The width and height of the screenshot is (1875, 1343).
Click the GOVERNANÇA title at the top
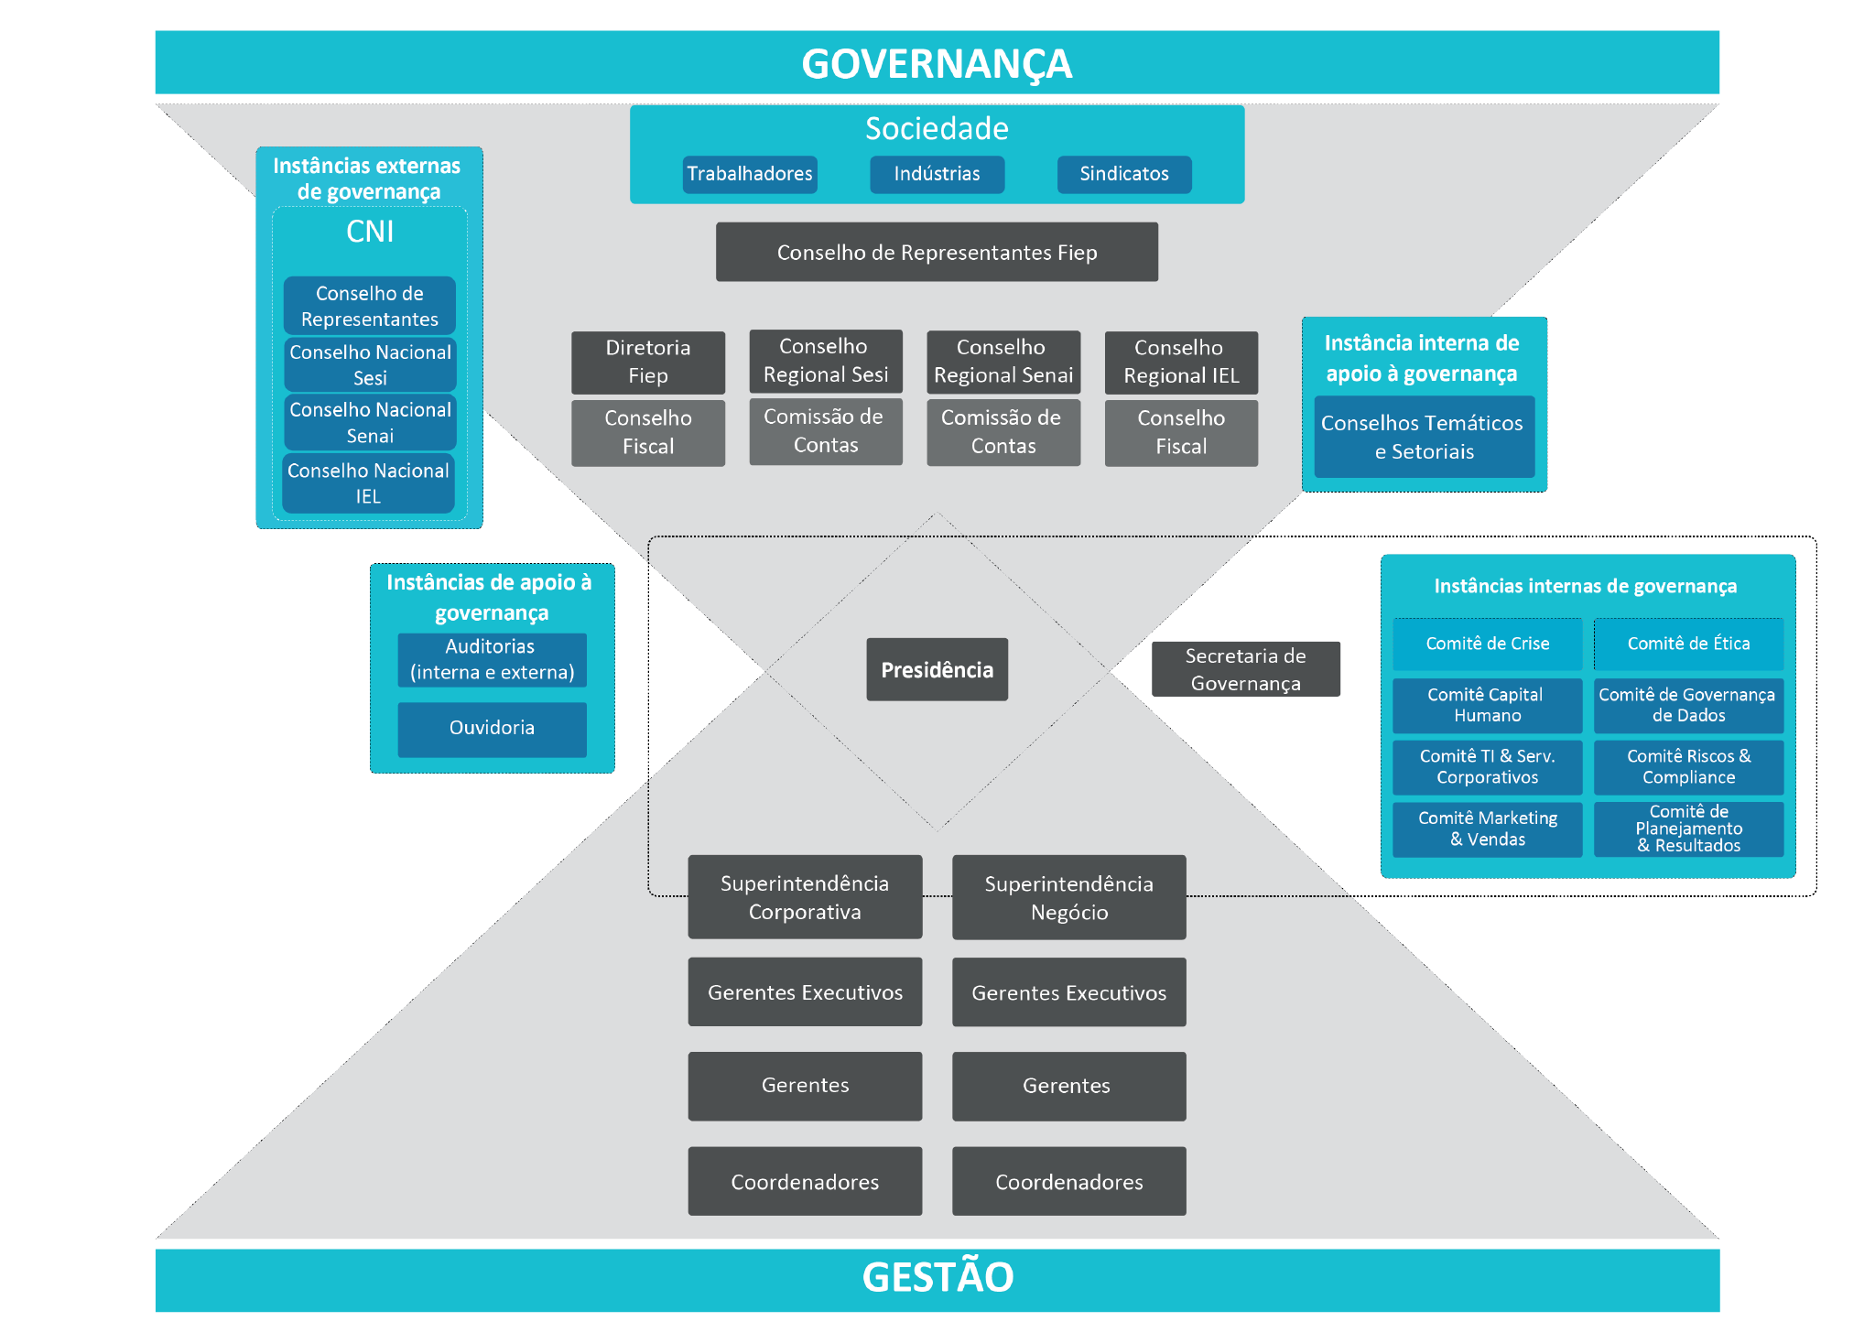(x=937, y=64)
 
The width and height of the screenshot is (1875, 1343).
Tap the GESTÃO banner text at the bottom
(x=937, y=1277)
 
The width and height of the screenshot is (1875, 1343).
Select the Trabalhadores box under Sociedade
(x=750, y=174)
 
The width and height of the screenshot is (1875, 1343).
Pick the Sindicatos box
(x=1123, y=174)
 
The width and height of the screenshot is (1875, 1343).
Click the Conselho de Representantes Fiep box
(x=937, y=253)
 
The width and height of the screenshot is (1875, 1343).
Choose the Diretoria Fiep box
(x=648, y=362)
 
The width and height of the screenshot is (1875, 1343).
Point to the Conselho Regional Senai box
(x=1003, y=362)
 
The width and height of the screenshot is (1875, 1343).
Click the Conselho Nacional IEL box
(x=368, y=483)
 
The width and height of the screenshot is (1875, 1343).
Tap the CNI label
(x=370, y=232)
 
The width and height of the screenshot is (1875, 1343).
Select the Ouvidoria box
(x=492, y=729)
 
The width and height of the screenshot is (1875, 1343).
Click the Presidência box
(x=937, y=670)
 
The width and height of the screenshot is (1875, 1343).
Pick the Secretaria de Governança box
(x=1245, y=669)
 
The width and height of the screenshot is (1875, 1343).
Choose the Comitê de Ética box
(x=1688, y=644)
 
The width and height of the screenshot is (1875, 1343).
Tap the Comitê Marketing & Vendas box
(x=1487, y=829)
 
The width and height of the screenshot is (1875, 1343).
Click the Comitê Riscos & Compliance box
(x=1688, y=767)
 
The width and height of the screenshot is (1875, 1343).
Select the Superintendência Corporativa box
(x=805, y=897)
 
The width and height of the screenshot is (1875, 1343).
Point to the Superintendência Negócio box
(x=1068, y=898)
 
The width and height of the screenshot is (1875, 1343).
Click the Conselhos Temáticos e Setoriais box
(x=1424, y=438)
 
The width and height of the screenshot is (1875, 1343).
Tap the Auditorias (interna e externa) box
(x=492, y=659)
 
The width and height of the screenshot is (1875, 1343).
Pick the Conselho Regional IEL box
(x=1181, y=362)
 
